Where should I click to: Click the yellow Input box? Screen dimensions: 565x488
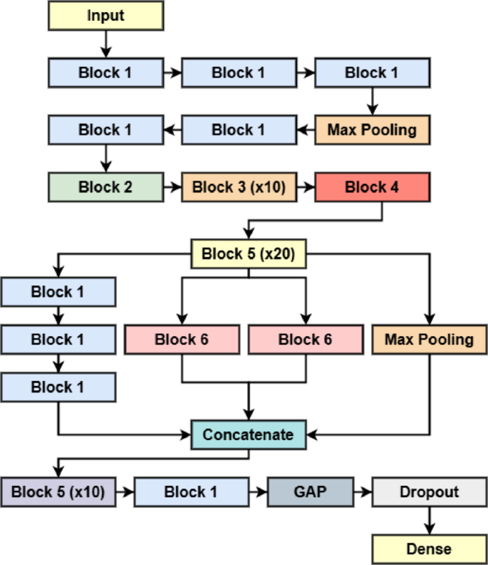[x=105, y=16]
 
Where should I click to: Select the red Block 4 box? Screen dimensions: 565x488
[x=372, y=188]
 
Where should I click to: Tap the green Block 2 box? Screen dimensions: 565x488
[x=105, y=188]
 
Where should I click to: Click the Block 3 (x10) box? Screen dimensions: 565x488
[x=239, y=188]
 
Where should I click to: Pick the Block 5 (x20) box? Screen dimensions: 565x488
[x=248, y=254]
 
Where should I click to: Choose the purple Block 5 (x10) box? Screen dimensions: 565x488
[x=58, y=492]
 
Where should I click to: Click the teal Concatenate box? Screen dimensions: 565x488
[x=248, y=434]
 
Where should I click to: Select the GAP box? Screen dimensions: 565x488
[x=310, y=492]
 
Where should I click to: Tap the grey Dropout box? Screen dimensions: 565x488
[x=429, y=492]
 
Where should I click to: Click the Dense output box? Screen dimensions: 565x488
[x=429, y=549]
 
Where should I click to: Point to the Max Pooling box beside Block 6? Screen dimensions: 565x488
[x=429, y=340]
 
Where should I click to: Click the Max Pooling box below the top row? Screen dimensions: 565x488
[x=372, y=130]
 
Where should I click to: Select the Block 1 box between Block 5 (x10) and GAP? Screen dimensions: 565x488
[x=191, y=492]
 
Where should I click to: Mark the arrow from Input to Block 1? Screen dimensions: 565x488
[x=105, y=44]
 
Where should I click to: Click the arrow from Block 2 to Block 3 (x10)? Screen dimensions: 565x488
[x=172, y=188]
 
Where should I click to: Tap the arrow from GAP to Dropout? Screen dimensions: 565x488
[x=362, y=492]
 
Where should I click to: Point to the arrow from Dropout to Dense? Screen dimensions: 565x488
[x=429, y=521]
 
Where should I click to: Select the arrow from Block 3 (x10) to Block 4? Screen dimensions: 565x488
[x=305, y=188]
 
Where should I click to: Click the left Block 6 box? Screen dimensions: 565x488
[x=182, y=340]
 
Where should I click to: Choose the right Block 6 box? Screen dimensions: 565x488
[x=305, y=340]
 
